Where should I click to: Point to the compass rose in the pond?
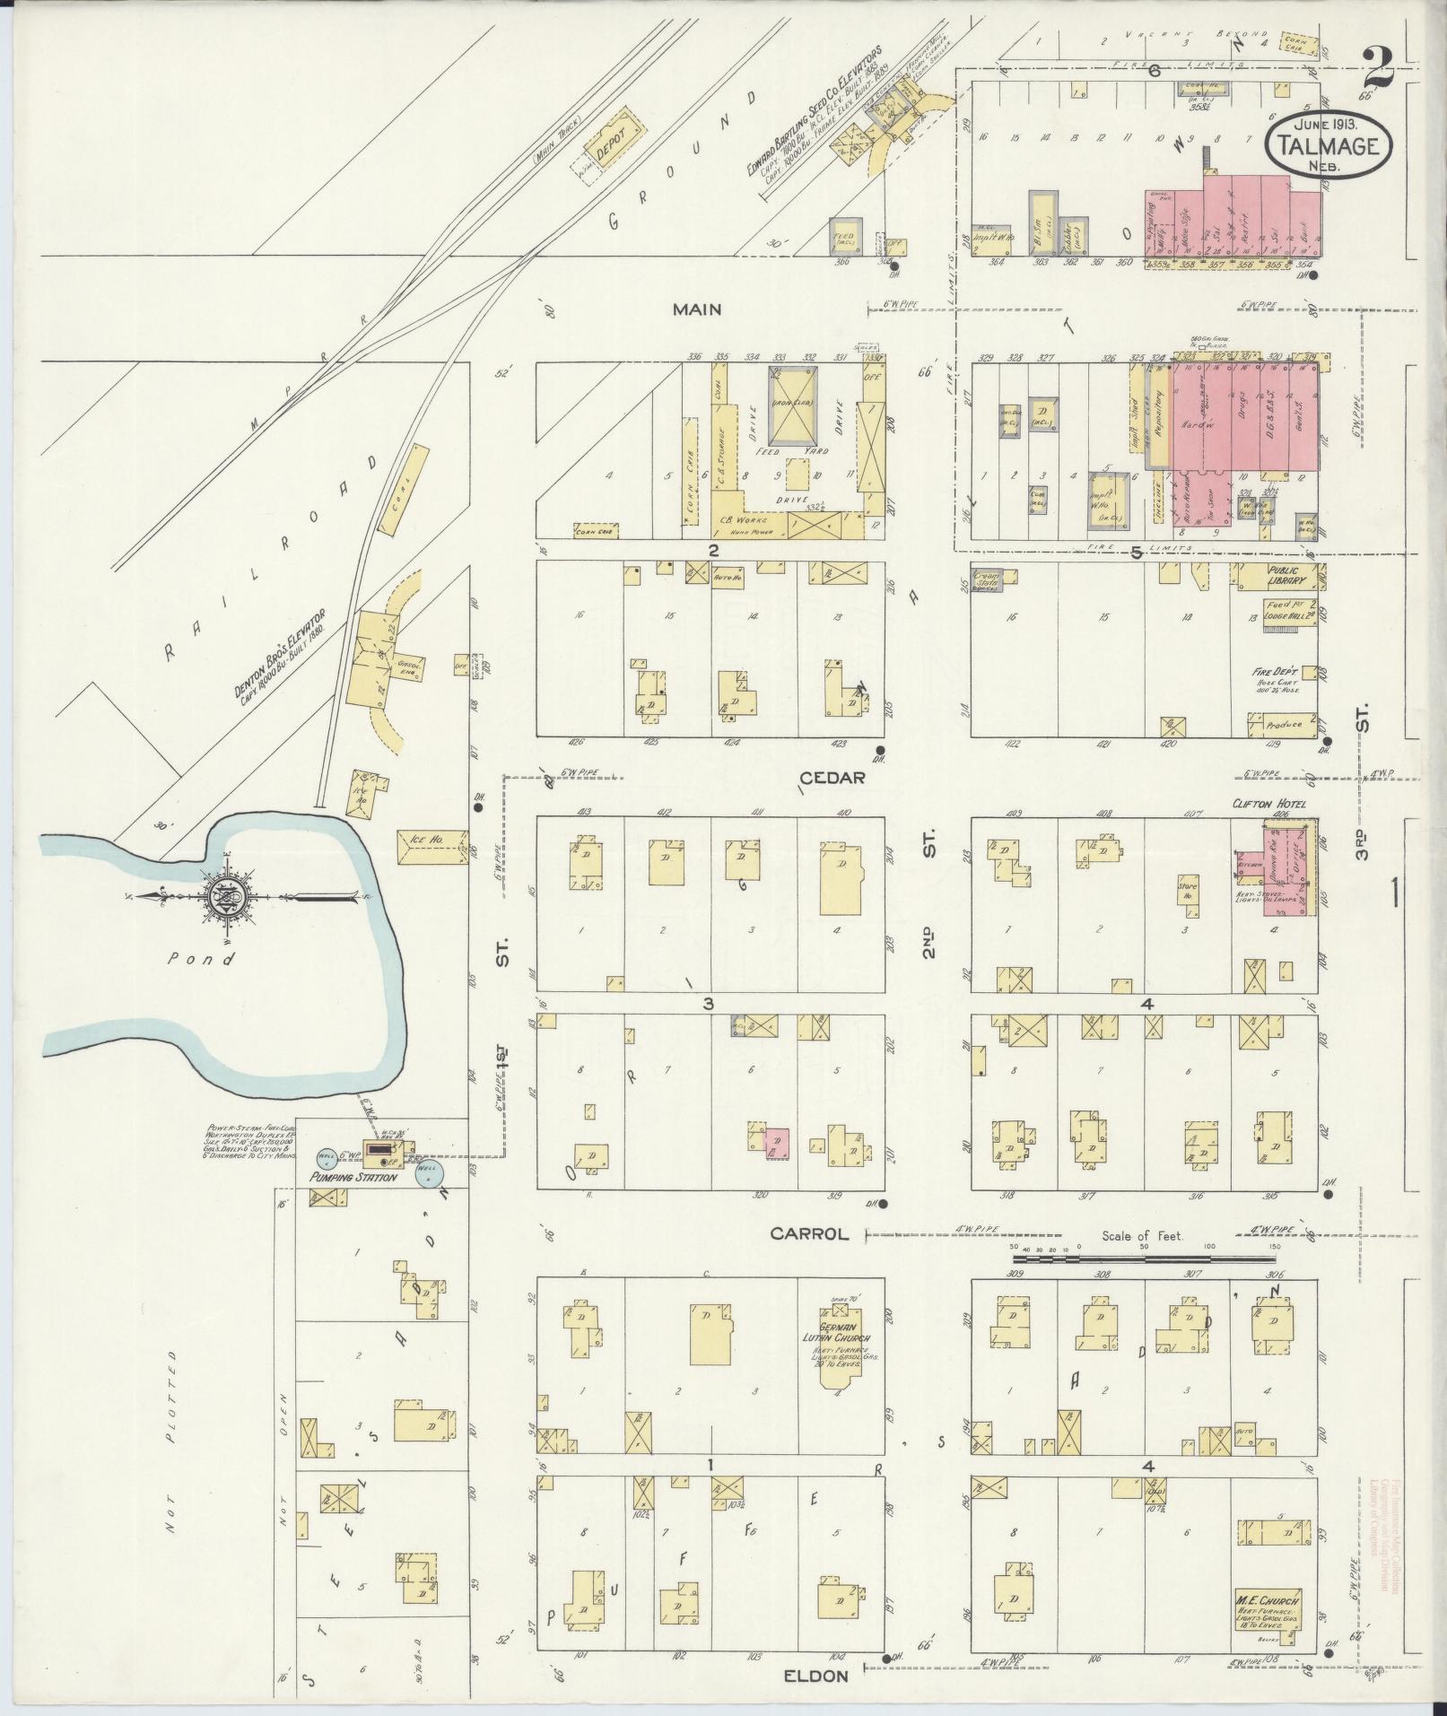tap(222, 896)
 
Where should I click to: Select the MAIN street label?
tap(699, 309)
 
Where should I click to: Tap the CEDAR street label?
tap(832, 778)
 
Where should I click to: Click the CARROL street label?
tap(809, 1234)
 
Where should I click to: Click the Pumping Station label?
tap(352, 1177)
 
